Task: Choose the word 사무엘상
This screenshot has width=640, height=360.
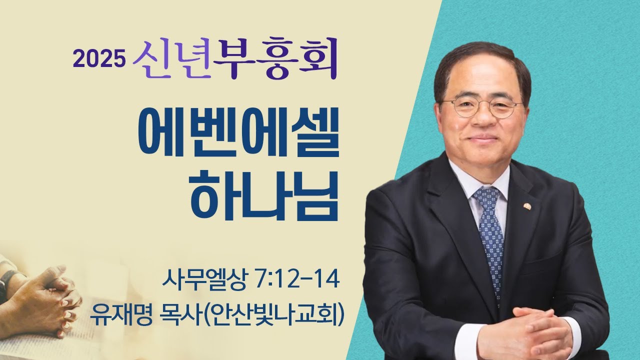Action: click(203, 278)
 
